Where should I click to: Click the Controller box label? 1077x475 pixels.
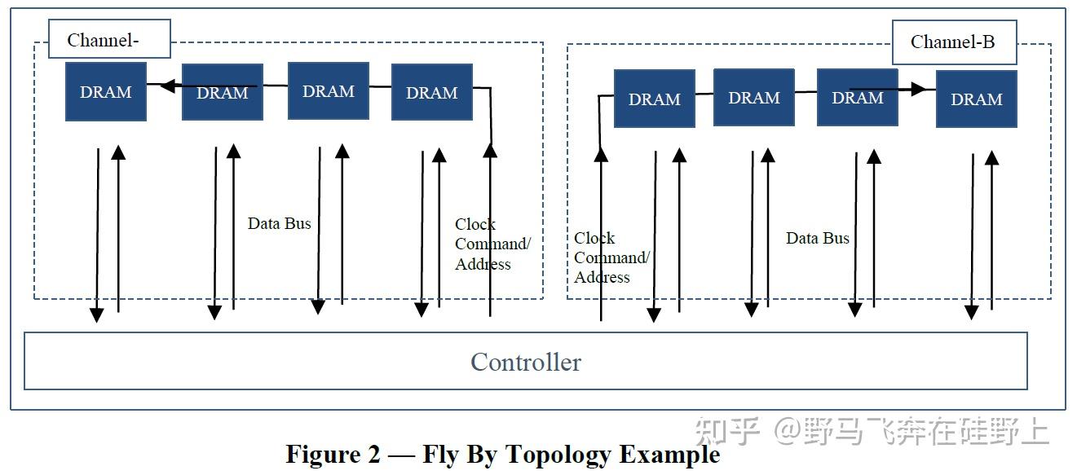(526, 362)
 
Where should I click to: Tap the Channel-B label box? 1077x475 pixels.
(953, 42)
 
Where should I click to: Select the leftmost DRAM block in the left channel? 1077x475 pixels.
(106, 92)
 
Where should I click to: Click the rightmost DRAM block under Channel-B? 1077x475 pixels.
(976, 99)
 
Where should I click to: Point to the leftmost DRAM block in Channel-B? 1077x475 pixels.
(654, 99)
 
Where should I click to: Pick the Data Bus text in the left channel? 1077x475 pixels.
(280, 223)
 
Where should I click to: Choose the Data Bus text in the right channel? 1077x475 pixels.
(817, 238)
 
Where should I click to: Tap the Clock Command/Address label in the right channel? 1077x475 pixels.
(611, 257)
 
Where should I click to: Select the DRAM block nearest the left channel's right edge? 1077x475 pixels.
(432, 92)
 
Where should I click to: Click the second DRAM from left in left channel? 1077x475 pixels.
(222, 92)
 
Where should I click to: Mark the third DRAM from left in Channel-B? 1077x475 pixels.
(857, 98)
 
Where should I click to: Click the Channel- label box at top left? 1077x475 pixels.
(108, 40)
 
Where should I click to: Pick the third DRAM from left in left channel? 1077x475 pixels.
(328, 91)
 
